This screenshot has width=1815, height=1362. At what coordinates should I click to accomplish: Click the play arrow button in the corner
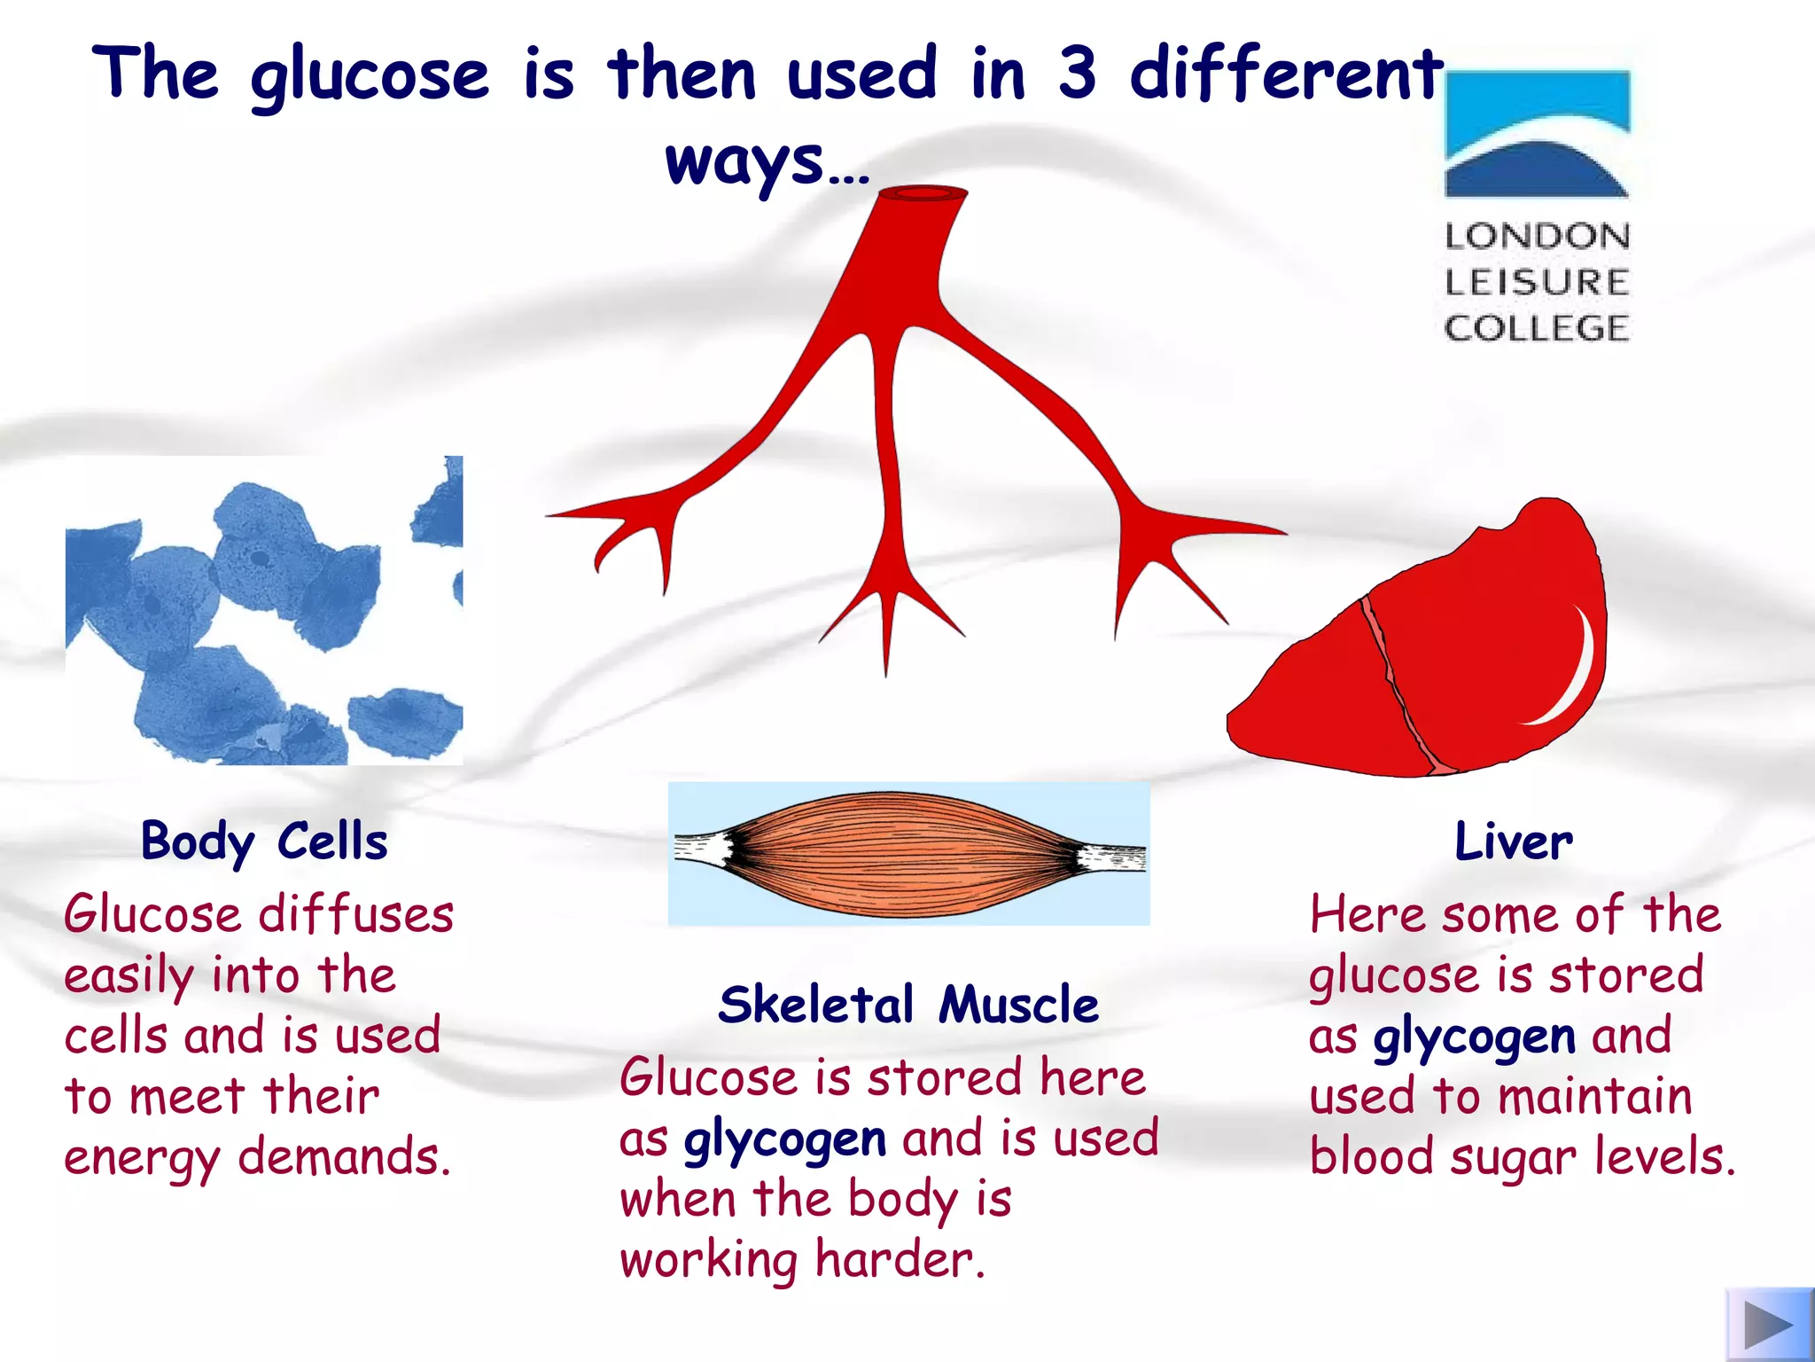(x=1769, y=1325)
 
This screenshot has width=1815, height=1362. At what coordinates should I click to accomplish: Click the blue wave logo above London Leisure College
(x=1537, y=134)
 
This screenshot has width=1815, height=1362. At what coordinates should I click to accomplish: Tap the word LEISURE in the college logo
(x=1537, y=282)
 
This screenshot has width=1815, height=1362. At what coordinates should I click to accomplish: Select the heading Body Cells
(x=264, y=841)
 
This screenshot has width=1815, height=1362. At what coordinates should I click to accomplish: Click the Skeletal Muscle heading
(x=908, y=1005)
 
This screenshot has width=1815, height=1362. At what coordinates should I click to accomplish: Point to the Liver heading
(x=1514, y=841)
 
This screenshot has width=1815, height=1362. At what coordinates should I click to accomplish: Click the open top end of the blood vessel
(x=923, y=192)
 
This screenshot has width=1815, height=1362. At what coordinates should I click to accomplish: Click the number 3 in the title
(x=1077, y=73)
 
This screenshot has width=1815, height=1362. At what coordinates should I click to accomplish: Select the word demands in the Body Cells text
(x=345, y=1157)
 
